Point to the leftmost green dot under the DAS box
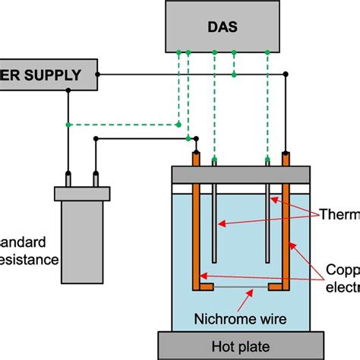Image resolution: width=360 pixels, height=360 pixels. [178, 52]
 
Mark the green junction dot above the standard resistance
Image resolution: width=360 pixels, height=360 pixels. [68, 124]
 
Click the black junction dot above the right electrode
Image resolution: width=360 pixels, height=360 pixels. [288, 74]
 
